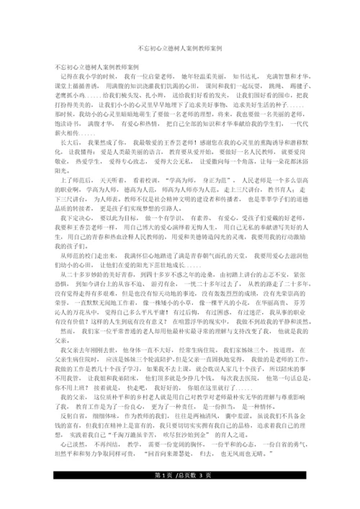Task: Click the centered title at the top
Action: tap(179, 45)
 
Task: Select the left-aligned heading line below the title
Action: tap(89, 66)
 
